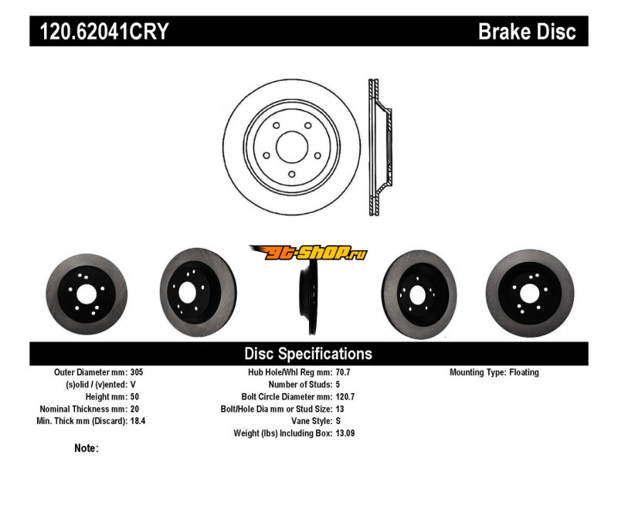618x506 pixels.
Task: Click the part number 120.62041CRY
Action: (x=104, y=31)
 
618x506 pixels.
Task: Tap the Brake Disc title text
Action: (x=527, y=31)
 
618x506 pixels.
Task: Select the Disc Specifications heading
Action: (x=308, y=354)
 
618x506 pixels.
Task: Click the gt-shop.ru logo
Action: (x=308, y=252)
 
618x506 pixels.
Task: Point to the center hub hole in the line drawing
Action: (x=292, y=147)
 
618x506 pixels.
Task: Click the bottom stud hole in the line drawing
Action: (x=292, y=174)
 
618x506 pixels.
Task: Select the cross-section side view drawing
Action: (x=380, y=147)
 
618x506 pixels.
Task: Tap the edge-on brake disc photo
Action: (x=308, y=297)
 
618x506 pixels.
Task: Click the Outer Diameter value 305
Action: (x=137, y=372)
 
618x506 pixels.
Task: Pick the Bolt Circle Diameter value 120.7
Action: (x=345, y=397)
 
